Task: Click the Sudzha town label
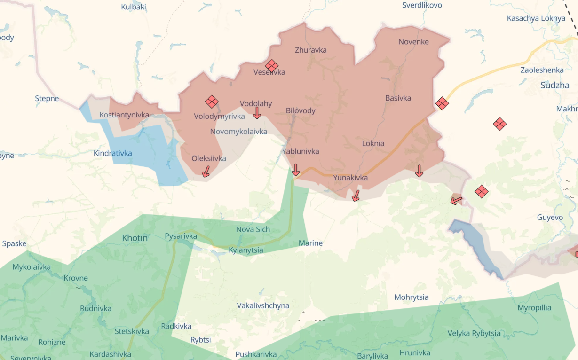coord(555,85)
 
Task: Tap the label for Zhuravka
coord(310,50)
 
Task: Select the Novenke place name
coord(413,42)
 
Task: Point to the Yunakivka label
coord(350,178)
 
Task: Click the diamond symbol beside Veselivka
coord(271,66)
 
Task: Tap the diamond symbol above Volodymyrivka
coord(212,102)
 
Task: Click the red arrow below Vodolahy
coord(257,113)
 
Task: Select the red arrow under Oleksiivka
coord(206,172)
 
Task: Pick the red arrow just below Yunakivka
coord(356,195)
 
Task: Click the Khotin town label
coord(135,238)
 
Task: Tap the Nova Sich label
coord(253,229)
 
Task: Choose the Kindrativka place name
coord(112,153)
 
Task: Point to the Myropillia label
coord(534,308)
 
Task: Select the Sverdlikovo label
coord(422,5)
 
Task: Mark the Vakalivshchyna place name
coord(263,305)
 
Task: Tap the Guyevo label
coord(550,217)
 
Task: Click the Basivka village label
coord(398,98)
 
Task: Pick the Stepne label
coord(47,98)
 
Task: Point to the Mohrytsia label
coord(411,297)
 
